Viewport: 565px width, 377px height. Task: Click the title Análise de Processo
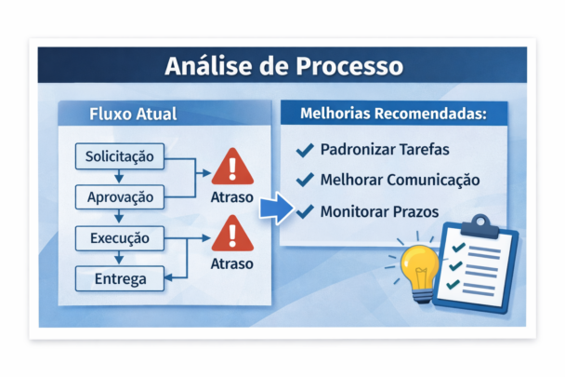coord(283,67)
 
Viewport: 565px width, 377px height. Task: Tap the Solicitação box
coord(119,155)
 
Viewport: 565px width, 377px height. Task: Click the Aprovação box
coord(119,197)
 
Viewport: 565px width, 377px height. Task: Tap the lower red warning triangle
coord(231,236)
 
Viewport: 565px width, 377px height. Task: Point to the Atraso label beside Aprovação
coord(232,198)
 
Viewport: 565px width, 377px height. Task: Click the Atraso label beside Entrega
coord(232,263)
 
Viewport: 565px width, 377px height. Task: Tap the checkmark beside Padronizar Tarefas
coord(303,149)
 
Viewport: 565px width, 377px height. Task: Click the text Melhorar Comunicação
coord(400,180)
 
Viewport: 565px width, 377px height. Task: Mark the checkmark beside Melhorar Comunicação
coord(303,180)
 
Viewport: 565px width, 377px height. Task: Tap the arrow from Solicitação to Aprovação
coord(118,177)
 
